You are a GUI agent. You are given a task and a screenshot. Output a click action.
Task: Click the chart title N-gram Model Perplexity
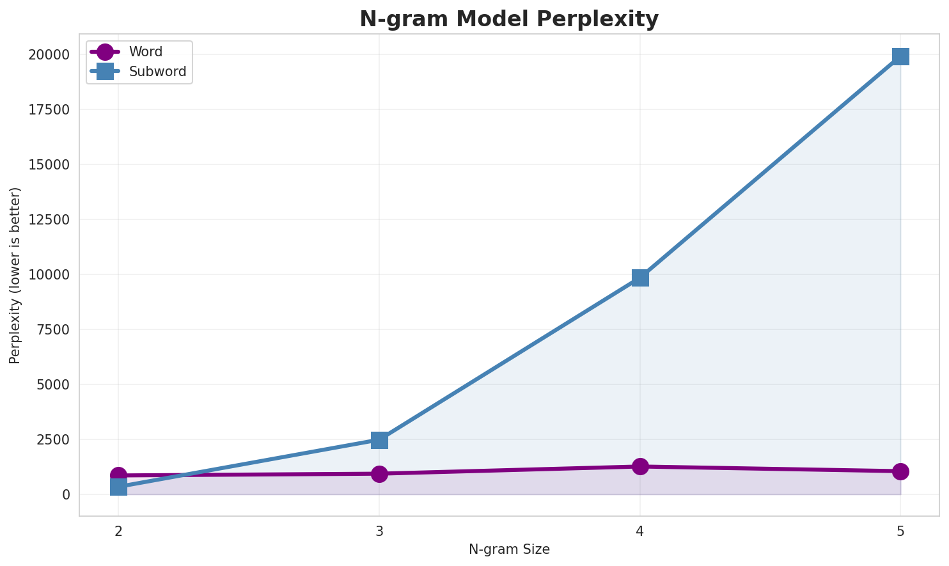click(508, 19)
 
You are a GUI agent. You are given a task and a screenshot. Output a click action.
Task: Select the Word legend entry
click(145, 52)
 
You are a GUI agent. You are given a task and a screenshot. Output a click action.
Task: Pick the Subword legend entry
click(157, 72)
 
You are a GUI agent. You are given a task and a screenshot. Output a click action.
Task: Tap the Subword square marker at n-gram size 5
click(900, 56)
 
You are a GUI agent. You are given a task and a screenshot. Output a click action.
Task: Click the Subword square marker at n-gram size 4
click(640, 278)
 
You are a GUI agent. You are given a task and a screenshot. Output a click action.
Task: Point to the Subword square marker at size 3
click(379, 440)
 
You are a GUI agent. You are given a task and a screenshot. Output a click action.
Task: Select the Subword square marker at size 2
click(118, 487)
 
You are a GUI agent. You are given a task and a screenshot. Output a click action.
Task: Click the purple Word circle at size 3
click(379, 474)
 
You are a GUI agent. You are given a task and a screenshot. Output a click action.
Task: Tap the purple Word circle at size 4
click(640, 466)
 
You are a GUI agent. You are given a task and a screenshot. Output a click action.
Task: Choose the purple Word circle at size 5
click(900, 471)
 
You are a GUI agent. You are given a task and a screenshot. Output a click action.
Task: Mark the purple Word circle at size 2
click(118, 475)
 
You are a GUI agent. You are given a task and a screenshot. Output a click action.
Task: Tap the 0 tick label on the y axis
click(67, 495)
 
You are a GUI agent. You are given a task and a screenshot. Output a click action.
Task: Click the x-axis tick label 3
click(379, 531)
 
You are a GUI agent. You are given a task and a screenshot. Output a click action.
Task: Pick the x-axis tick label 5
click(900, 531)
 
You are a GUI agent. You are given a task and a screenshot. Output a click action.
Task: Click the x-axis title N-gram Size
click(509, 549)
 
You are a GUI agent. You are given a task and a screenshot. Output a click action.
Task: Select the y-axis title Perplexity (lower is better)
click(15, 275)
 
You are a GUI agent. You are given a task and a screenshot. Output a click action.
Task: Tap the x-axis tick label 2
click(118, 531)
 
